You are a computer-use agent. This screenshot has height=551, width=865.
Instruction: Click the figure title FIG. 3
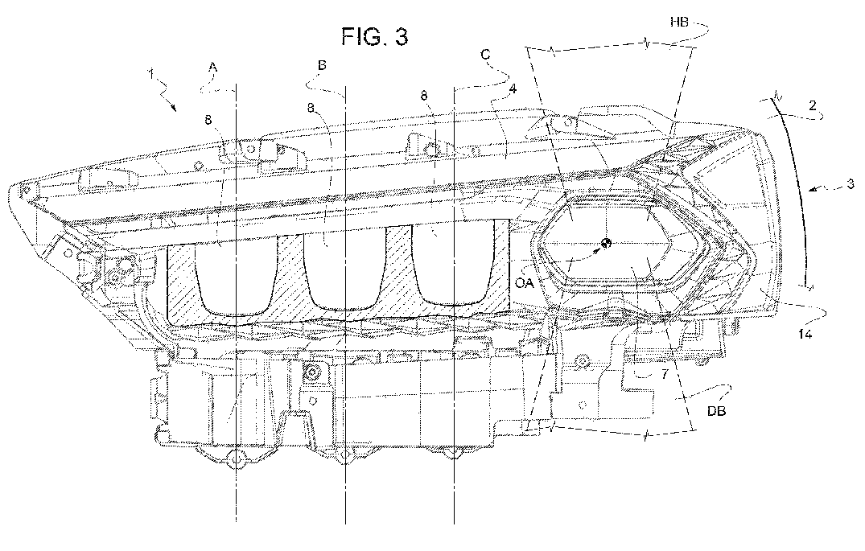(375, 36)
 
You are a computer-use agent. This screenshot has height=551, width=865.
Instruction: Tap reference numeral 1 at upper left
(151, 74)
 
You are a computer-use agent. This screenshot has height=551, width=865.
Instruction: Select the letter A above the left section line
(213, 68)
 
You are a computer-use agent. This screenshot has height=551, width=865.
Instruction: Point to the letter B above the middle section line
(322, 65)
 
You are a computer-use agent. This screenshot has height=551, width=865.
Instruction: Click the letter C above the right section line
(485, 54)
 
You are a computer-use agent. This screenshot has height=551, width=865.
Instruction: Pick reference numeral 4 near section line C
(513, 88)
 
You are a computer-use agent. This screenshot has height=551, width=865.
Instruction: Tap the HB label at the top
(679, 23)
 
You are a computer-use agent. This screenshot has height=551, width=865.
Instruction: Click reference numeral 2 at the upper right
(813, 105)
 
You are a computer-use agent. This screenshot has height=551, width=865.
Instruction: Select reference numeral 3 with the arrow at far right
(850, 184)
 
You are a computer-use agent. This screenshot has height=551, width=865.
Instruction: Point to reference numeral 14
(805, 334)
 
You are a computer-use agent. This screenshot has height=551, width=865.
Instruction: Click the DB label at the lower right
(717, 411)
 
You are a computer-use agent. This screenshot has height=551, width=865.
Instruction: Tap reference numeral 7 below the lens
(664, 375)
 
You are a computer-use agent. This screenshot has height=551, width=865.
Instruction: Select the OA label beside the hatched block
(525, 283)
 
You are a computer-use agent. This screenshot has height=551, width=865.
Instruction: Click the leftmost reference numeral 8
(208, 120)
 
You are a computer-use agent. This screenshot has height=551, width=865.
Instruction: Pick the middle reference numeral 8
(311, 108)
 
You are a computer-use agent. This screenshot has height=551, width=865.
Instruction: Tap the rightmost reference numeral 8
(424, 96)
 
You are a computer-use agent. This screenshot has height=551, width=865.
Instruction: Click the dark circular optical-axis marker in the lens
(606, 242)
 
